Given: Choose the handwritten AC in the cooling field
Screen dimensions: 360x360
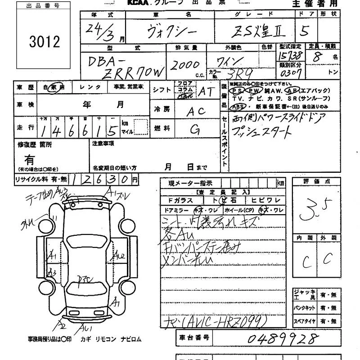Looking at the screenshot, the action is pos(194,111).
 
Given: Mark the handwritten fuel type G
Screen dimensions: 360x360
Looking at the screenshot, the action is pos(195,130).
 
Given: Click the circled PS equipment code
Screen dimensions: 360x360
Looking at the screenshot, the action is pos(236,90).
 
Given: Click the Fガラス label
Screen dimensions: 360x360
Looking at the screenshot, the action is pos(180,201).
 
